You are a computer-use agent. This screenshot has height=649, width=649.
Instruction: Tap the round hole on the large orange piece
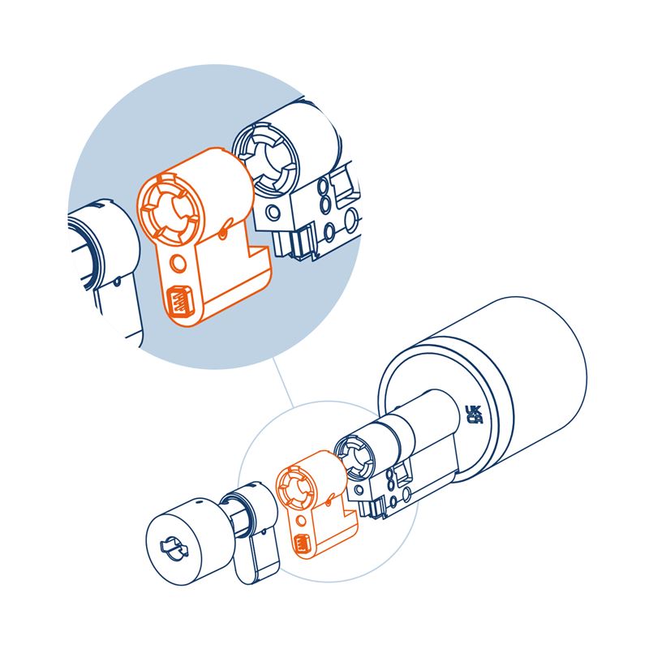[x=178, y=263]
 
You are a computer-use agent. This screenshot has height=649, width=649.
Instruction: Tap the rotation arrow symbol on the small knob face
[x=174, y=549]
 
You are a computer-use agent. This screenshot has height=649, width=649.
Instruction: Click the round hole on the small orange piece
[x=301, y=521]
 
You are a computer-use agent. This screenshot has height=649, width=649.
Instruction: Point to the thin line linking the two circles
[x=282, y=382]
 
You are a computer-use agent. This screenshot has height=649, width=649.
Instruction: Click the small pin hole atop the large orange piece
[x=223, y=234]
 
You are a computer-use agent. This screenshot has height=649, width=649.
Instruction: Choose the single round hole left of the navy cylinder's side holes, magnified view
[x=273, y=213]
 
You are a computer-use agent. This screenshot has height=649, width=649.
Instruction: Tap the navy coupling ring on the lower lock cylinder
[x=352, y=456]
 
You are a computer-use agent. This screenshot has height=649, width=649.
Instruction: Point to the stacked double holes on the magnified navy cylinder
[x=323, y=196]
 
